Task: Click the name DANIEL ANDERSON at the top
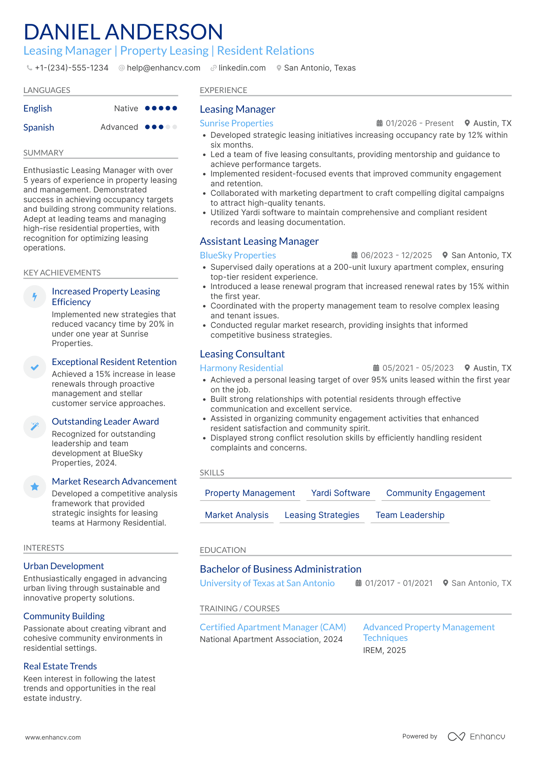[x=123, y=32]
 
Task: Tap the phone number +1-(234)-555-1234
[x=71, y=68]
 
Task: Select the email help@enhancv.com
[x=164, y=68]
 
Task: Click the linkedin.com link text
[x=242, y=68]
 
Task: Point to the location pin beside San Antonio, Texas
[x=279, y=68]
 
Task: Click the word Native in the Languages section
[x=126, y=109]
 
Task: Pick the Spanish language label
[x=39, y=127]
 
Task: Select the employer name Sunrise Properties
[x=236, y=123]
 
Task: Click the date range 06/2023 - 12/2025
[x=396, y=255]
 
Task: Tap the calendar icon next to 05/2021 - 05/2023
[x=376, y=368]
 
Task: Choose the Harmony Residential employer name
[x=241, y=368]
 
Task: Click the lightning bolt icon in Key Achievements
[x=35, y=297]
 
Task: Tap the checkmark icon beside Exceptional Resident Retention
[x=35, y=367]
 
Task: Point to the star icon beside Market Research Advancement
[x=35, y=487]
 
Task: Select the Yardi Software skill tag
[x=340, y=493]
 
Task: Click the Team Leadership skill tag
[x=410, y=515]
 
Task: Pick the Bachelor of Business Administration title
[x=280, y=569]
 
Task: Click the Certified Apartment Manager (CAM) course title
[x=273, y=627]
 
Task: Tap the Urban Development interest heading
[x=64, y=566]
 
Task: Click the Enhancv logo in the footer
[x=476, y=737]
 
